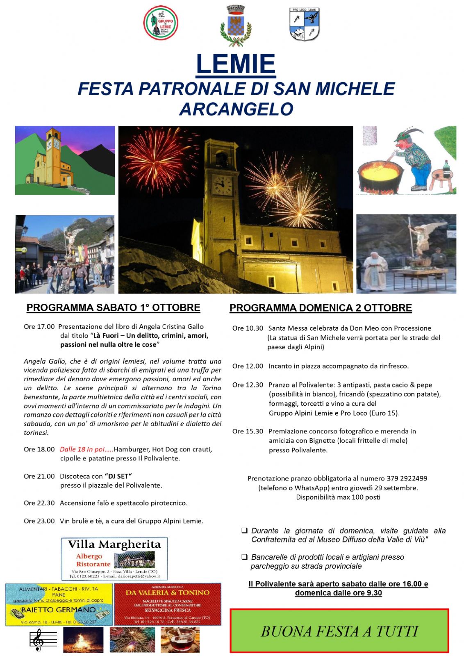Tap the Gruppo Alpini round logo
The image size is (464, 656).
pyautogui.click(x=160, y=23)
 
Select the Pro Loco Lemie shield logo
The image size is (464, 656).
pyautogui.click(x=304, y=24)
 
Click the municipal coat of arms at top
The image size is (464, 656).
pyautogui.click(x=235, y=25)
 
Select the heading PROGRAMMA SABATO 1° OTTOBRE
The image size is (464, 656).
pyautogui.click(x=113, y=307)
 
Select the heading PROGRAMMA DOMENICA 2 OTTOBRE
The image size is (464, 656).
pyautogui.click(x=321, y=308)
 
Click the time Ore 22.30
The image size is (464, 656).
pyautogui.click(x=39, y=503)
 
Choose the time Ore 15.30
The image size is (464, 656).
pyautogui.click(x=248, y=431)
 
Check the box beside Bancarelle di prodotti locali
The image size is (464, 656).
pyautogui.click(x=244, y=557)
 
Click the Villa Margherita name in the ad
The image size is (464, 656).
pyautogui.click(x=114, y=544)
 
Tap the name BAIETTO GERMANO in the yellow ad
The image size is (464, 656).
pyautogui.click(x=58, y=610)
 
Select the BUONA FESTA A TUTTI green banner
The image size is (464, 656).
pyautogui.click(x=339, y=631)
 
